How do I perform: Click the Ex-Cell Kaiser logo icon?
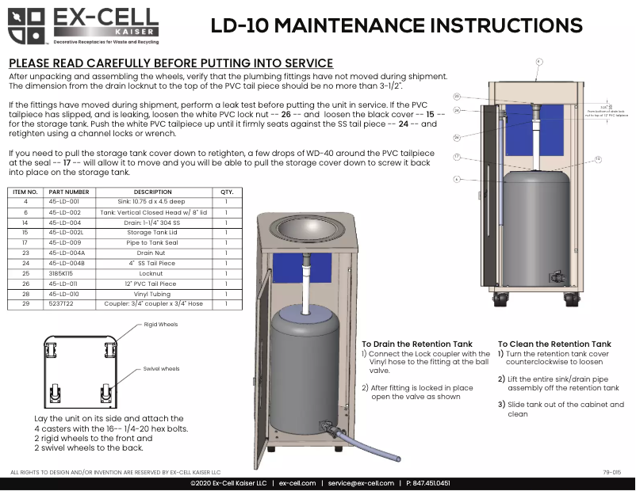click(x=26, y=25)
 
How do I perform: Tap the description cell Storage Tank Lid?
click(x=152, y=233)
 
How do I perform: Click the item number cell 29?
click(x=25, y=303)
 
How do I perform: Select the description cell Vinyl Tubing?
click(x=152, y=293)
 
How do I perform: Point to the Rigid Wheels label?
click(x=161, y=325)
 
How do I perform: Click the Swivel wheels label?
click(x=162, y=368)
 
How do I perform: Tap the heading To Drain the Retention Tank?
click(x=417, y=344)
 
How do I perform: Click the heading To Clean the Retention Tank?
click(x=554, y=344)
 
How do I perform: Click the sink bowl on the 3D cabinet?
click(x=310, y=231)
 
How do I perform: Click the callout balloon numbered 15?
click(x=598, y=159)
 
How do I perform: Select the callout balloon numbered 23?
click(x=457, y=96)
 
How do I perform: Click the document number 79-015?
click(x=611, y=471)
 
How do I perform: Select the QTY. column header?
click(x=226, y=192)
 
